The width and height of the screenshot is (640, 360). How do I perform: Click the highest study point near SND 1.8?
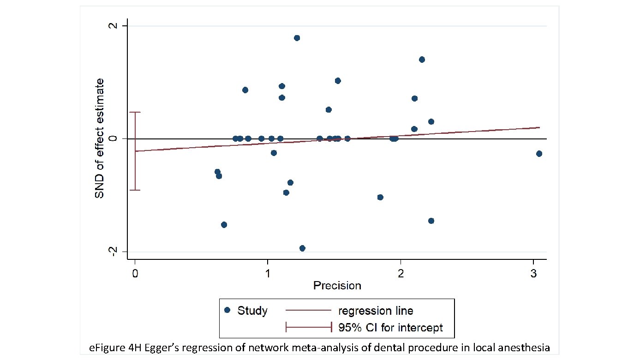[297, 38]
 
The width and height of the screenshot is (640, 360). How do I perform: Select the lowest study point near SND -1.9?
[302, 248]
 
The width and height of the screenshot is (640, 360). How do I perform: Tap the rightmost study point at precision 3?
[539, 154]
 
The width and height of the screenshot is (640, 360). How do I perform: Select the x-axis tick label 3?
[533, 273]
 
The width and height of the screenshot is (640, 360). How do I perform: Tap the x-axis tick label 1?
[268, 273]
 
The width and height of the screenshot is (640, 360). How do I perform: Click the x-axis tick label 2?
[401, 273]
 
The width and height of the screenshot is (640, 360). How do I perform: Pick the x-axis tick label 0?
[135, 273]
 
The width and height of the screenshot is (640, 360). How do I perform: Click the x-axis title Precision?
[337, 286]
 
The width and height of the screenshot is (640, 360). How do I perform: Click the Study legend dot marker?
[227, 310]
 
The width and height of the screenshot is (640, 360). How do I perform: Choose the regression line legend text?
[376, 311]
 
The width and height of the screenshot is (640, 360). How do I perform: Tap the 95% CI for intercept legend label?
[390, 328]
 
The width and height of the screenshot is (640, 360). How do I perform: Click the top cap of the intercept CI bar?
[135, 112]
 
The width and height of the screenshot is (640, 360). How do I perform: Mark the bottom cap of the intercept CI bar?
[135, 190]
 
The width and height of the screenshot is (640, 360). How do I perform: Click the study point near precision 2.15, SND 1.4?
[421, 60]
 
